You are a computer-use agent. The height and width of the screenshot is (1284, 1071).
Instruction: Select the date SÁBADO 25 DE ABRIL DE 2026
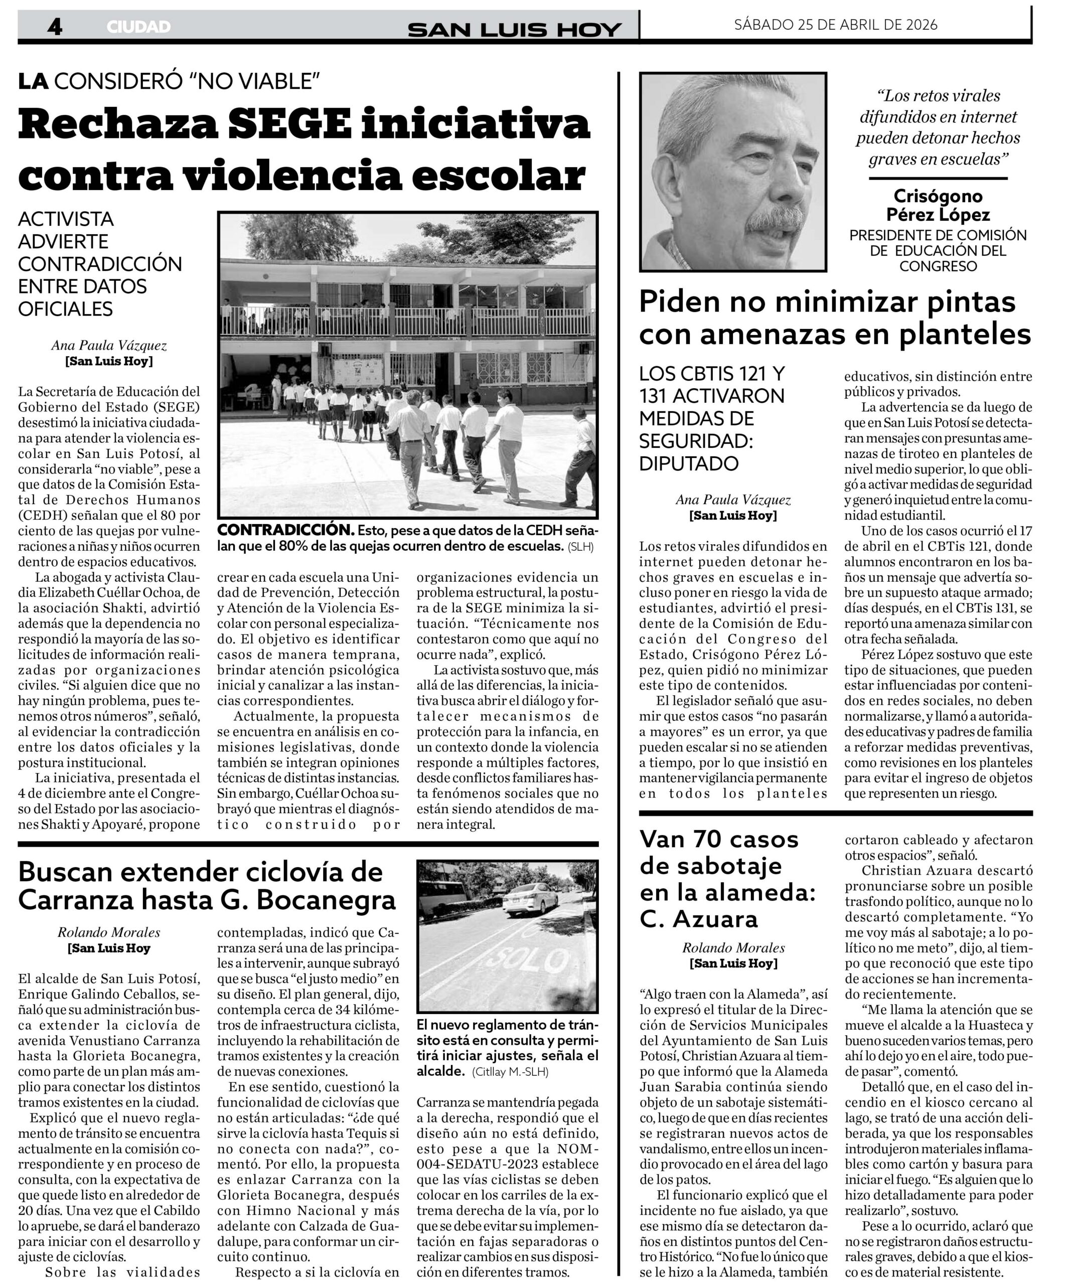tap(836, 25)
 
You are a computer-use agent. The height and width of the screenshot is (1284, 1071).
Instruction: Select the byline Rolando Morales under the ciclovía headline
tap(109, 932)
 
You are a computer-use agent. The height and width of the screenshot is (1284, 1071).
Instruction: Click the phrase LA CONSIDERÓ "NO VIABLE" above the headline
tap(170, 81)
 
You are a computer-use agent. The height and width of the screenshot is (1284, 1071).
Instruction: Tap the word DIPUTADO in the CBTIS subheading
tap(689, 463)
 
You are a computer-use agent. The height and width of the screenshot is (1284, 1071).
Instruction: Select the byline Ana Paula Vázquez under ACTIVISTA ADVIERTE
tap(109, 346)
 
